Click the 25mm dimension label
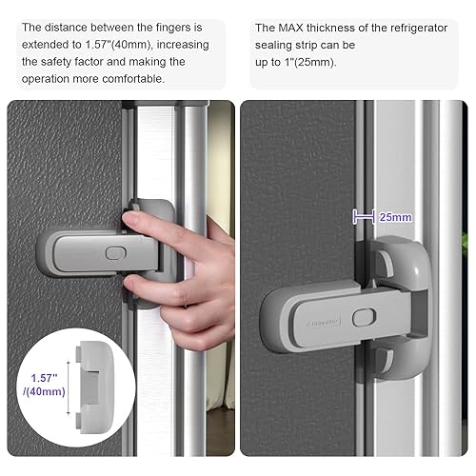click(x=397, y=217)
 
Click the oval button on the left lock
click(x=112, y=254)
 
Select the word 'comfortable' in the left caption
click(x=142, y=79)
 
